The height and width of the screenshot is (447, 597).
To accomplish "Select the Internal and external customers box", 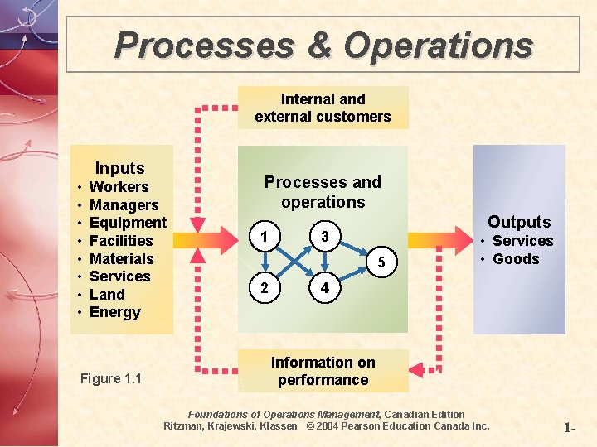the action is point(323,108).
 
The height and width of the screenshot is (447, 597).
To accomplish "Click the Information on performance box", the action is point(323,371).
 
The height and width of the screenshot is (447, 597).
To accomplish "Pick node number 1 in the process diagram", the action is point(264,238).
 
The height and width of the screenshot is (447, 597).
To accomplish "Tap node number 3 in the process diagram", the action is point(325,238).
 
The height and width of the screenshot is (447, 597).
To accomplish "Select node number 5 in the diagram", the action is point(381,263).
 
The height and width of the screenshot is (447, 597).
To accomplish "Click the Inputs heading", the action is point(119,169).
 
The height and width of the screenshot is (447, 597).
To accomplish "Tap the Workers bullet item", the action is point(119,187).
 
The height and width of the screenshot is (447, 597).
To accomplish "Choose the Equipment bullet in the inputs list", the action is point(128,223).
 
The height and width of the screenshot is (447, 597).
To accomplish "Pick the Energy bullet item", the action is point(114,312).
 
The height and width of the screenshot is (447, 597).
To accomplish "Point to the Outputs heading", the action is point(519,222).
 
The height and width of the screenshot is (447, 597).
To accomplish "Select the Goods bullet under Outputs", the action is point(516,259).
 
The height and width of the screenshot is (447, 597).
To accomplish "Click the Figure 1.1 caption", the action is point(111,379).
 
